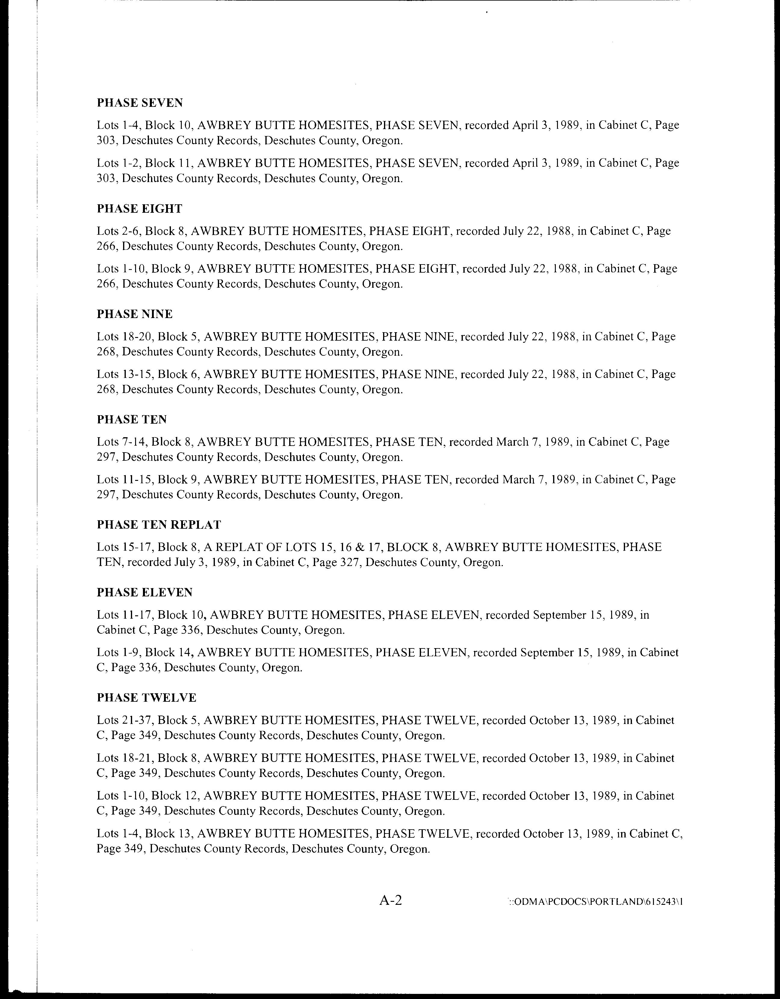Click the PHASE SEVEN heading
(140, 103)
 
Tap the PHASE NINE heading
(135, 314)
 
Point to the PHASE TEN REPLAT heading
(159, 525)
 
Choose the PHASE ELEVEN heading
(144, 592)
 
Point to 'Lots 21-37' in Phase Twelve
(125, 720)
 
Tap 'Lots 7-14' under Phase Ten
(121, 442)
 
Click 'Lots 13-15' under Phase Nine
(125, 374)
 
